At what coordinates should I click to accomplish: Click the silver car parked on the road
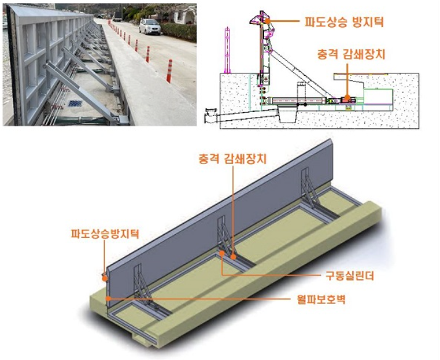click(x=150, y=27)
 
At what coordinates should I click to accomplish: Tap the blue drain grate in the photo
click(x=75, y=103)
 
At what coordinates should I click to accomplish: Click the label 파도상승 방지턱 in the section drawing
click(x=344, y=22)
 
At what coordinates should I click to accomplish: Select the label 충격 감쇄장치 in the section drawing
click(x=351, y=54)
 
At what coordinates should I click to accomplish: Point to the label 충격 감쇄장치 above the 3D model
click(x=233, y=159)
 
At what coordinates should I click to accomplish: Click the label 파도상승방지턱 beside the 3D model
click(x=106, y=233)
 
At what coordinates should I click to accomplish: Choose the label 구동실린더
click(x=350, y=276)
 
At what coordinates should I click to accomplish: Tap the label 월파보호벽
click(x=321, y=299)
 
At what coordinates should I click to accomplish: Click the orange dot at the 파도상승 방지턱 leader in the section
click(x=268, y=21)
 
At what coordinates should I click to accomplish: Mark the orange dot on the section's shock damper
click(x=347, y=97)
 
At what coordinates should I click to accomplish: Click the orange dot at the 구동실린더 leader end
click(x=222, y=253)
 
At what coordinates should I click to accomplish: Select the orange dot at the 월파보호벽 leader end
click(x=108, y=298)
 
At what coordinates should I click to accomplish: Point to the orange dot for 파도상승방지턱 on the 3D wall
click(x=105, y=278)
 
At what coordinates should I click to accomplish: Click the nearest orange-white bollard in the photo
click(x=169, y=72)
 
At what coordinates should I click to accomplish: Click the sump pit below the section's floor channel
click(x=288, y=113)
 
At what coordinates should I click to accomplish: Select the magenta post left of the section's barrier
click(x=227, y=51)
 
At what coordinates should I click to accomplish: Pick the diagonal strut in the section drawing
click(x=300, y=73)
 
